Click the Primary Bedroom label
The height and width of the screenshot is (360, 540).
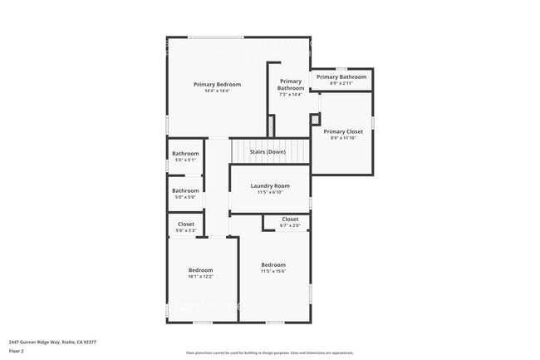click(218, 84)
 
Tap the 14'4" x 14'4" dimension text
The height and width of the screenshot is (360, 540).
click(218, 91)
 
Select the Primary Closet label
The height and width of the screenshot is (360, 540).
click(343, 131)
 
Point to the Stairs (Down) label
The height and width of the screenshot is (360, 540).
click(268, 152)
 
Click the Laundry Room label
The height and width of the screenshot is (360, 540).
click(270, 185)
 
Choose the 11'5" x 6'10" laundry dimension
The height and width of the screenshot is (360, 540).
click(270, 192)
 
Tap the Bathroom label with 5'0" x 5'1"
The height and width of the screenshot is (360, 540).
click(185, 153)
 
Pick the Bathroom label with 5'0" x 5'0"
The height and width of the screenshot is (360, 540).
click(185, 190)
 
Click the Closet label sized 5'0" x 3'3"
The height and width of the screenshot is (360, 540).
click(186, 224)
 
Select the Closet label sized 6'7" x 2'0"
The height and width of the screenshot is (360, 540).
click(290, 219)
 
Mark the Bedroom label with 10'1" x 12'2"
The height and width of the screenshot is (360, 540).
click(200, 269)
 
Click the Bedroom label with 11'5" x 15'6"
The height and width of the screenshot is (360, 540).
click(272, 264)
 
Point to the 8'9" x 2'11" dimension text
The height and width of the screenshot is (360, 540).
click(341, 83)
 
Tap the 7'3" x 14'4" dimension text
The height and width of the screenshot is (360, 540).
click(291, 95)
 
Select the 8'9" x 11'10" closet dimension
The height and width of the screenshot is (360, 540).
click(343, 138)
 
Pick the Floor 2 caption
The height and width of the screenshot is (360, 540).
click(17, 351)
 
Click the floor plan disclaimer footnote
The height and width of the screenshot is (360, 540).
click(269, 353)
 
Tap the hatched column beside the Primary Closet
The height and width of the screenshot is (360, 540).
click(315, 120)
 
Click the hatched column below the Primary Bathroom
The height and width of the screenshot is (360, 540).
click(271, 126)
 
